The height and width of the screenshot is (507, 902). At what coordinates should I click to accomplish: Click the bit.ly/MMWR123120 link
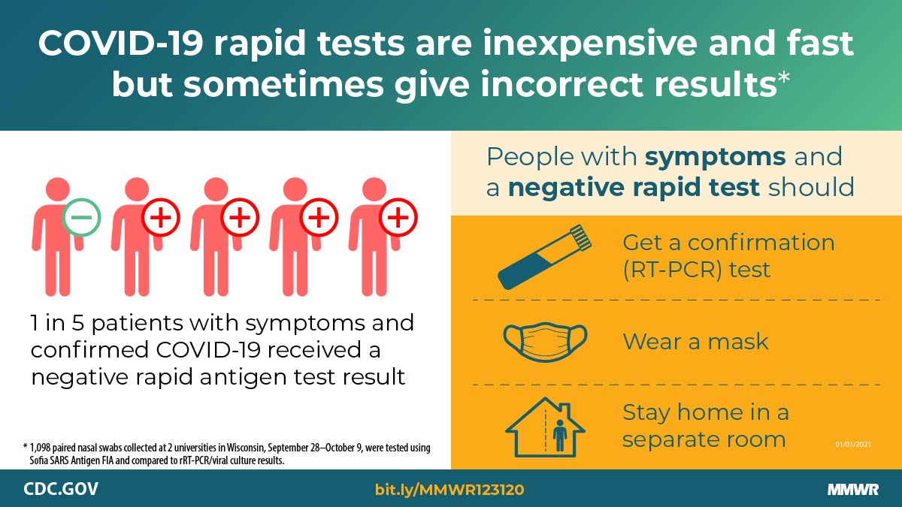click(449, 490)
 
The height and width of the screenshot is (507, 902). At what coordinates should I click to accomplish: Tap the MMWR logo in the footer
click(853, 490)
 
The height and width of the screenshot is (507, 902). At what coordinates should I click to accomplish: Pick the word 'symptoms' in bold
click(716, 158)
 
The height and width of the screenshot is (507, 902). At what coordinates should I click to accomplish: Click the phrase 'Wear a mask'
click(695, 342)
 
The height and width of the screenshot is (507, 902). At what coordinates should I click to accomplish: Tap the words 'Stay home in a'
click(705, 412)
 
